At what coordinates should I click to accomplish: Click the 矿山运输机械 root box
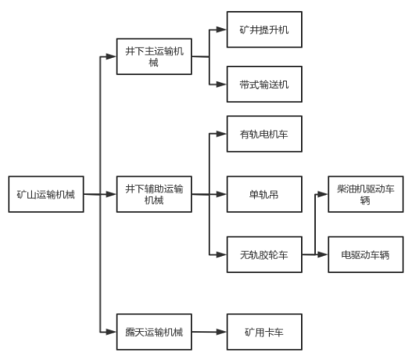click(x=46, y=194)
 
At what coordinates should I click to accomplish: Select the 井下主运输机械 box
click(x=154, y=56)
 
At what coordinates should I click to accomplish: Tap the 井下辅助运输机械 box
click(x=154, y=194)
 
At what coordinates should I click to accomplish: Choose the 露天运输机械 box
click(x=154, y=332)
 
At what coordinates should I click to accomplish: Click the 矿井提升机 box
click(x=264, y=30)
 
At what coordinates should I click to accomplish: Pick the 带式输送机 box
click(x=264, y=85)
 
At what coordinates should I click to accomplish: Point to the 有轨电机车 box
click(x=264, y=134)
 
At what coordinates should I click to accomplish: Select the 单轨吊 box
click(x=264, y=194)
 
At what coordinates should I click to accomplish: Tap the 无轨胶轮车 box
click(x=264, y=254)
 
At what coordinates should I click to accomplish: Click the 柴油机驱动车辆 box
click(x=366, y=194)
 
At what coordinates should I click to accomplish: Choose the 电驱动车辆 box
click(x=366, y=254)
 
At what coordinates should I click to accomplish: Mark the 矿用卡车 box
click(x=264, y=332)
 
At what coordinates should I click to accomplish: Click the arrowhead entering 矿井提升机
click(x=221, y=30)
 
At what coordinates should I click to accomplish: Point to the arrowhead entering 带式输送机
click(x=221, y=85)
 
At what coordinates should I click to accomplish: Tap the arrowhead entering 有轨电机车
click(x=221, y=134)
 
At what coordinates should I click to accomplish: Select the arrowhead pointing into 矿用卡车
click(x=221, y=332)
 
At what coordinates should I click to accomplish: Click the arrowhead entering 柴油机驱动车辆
click(x=323, y=194)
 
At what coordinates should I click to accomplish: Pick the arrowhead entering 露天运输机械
click(x=111, y=332)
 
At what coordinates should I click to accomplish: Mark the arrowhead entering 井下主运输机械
click(x=111, y=56)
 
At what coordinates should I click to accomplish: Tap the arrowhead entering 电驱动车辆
click(x=323, y=254)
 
